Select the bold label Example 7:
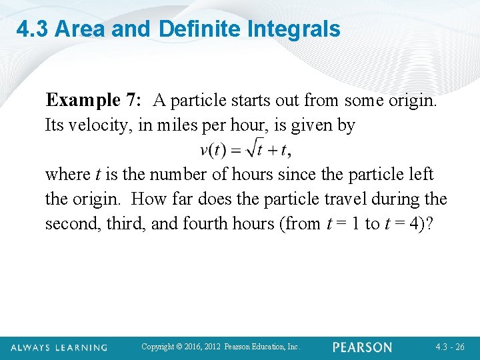click(x=93, y=100)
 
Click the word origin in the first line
click(x=411, y=100)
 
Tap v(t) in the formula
click(x=213, y=150)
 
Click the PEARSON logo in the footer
click(x=363, y=347)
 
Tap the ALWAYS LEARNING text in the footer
click(x=59, y=347)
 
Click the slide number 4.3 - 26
click(x=450, y=347)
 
